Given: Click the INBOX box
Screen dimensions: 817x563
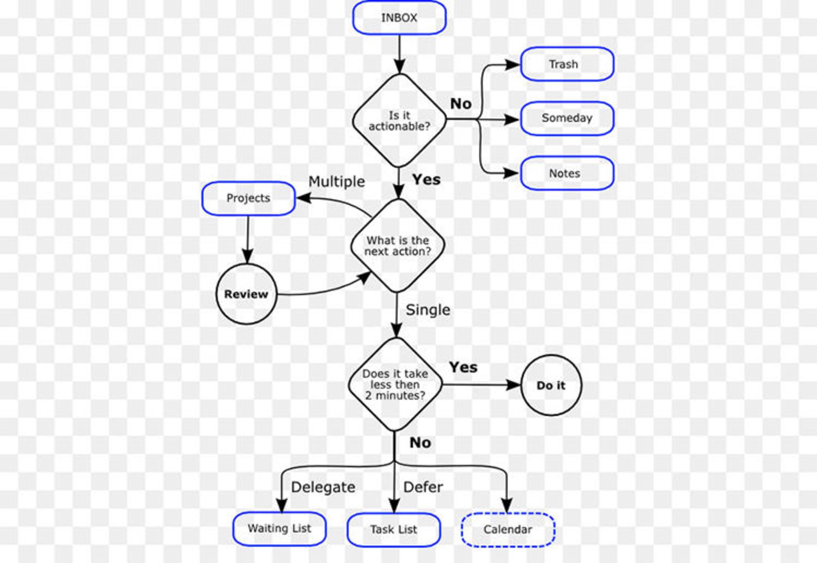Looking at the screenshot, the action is (399, 18).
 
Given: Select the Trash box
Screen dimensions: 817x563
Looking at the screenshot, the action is (567, 64).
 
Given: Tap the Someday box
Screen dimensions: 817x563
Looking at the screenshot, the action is (567, 119).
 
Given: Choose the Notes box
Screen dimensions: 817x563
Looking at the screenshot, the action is (567, 173).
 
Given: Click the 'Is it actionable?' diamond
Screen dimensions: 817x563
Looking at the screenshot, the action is (399, 121).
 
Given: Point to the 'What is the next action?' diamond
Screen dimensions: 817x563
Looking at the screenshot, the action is (398, 245).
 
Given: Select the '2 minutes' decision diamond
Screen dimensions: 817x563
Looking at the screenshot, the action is (395, 384).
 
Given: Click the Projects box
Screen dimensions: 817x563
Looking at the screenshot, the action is (249, 199).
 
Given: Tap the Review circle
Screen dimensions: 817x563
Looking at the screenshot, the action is (246, 294).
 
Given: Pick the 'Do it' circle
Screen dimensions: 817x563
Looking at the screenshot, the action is (551, 385).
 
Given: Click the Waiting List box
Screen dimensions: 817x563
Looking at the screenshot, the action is (280, 529).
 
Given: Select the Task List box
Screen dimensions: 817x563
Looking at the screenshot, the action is (394, 530).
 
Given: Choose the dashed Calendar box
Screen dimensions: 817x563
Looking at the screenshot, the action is (508, 530).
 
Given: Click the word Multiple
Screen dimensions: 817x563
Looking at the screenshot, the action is (337, 182).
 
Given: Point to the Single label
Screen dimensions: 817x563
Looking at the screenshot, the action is (428, 310).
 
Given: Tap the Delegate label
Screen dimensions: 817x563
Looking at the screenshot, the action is (323, 487).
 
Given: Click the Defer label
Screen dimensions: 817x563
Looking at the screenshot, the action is (423, 487).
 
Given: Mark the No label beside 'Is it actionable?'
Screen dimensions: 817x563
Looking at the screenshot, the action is (461, 104).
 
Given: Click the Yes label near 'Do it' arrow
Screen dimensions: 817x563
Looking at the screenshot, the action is (463, 367).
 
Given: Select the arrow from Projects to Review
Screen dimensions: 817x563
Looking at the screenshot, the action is (248, 239).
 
